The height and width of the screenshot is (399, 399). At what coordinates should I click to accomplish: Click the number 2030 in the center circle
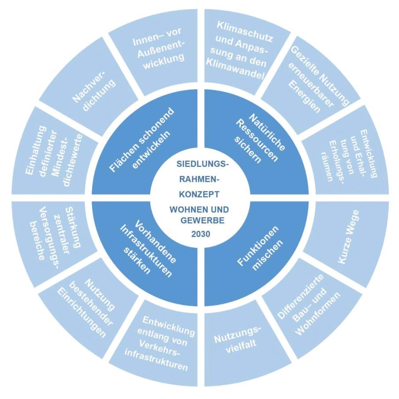[x=200, y=234]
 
